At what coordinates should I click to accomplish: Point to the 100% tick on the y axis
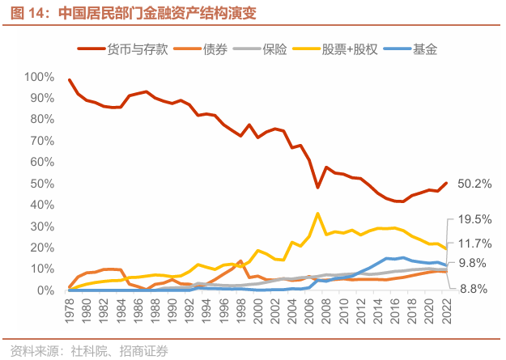[40, 77]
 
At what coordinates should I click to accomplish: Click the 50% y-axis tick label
[42, 184]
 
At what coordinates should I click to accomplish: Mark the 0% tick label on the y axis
[45, 290]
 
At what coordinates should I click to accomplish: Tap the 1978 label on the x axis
[70, 311]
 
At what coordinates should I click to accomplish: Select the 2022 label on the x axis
[446, 311]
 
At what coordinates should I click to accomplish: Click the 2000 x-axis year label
[258, 311]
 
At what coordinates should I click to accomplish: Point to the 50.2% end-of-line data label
[474, 184]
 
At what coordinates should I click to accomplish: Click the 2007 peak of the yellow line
[317, 214]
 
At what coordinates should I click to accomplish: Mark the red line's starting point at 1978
[70, 80]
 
